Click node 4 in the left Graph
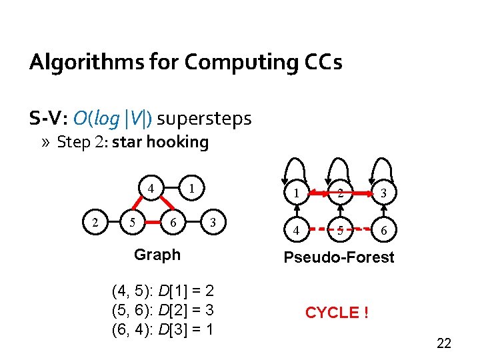click(x=152, y=188)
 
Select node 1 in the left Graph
click(x=191, y=188)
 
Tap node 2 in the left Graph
click(x=97, y=222)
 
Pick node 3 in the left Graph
click(x=213, y=222)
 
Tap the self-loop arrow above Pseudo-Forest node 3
click(x=381, y=167)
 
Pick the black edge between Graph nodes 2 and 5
click(x=115, y=222)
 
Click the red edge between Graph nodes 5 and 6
click(x=154, y=222)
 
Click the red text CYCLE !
click(x=337, y=313)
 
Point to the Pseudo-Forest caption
click(x=339, y=257)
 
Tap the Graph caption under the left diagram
click(x=157, y=255)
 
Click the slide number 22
click(x=443, y=343)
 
